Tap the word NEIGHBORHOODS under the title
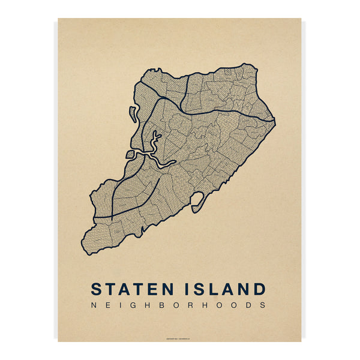click(179, 305)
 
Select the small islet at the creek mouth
click(129, 154)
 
